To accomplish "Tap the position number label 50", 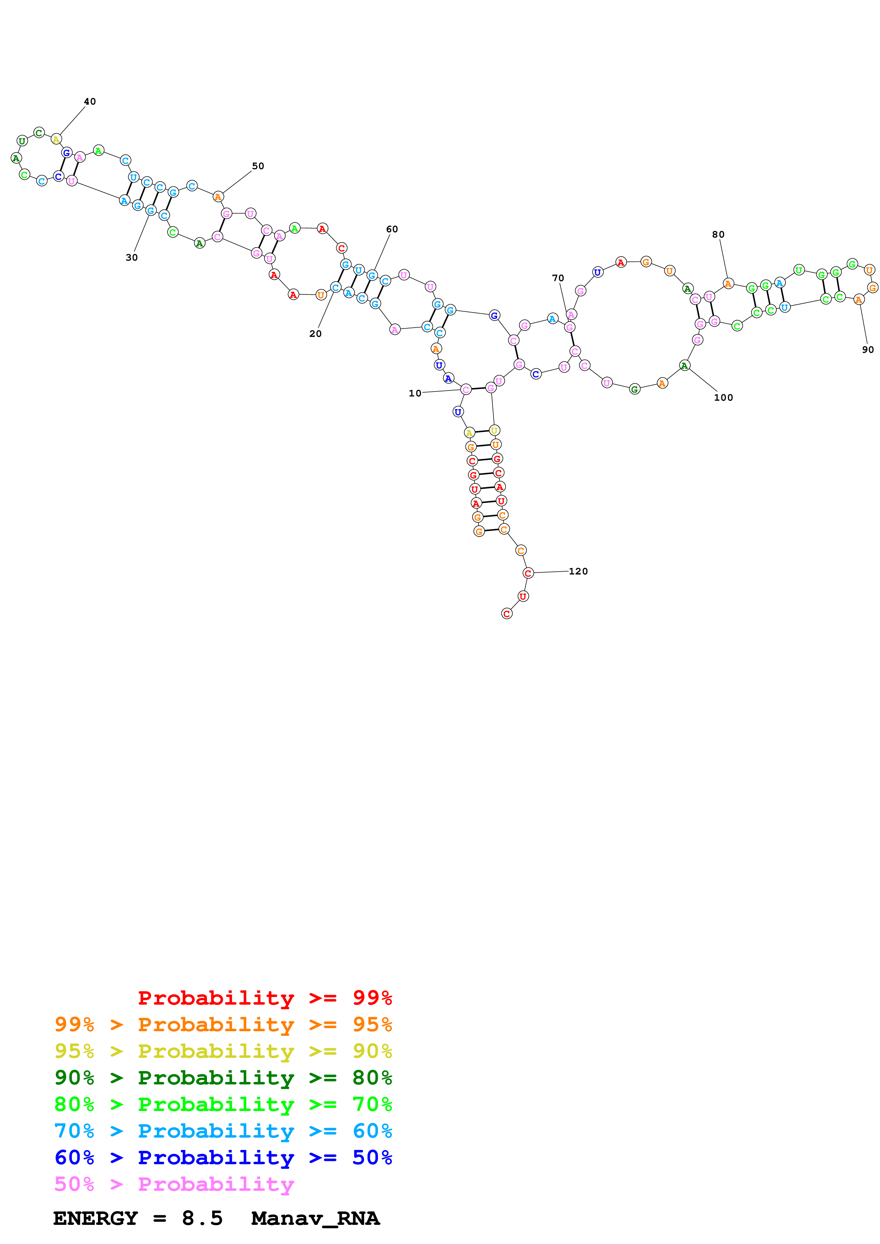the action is (x=258, y=166).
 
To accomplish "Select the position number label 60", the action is (x=392, y=229).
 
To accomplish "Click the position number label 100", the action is (x=723, y=397).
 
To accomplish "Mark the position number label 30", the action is (x=132, y=257).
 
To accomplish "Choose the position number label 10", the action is (x=415, y=393).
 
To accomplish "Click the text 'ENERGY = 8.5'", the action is (x=138, y=1218).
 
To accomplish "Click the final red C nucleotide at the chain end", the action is (x=507, y=613).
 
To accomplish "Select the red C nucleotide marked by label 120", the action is (x=528, y=573).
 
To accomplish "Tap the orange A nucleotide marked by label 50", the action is (x=218, y=197).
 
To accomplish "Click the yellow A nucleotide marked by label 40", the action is (x=56, y=139).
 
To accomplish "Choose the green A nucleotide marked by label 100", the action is (x=685, y=366).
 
